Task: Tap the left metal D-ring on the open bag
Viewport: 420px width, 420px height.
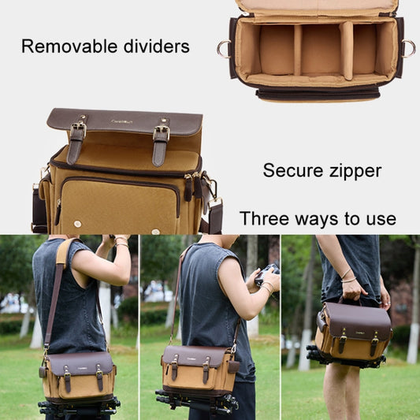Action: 223,49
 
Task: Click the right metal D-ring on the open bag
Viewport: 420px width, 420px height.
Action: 408,48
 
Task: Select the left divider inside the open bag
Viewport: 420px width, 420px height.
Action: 297,50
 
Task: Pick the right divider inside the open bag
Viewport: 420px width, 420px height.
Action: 346,50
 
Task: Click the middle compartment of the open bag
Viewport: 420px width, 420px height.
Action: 322,50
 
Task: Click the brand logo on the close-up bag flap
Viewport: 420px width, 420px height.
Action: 121,121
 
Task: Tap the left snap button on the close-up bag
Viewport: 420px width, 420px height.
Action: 78,224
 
